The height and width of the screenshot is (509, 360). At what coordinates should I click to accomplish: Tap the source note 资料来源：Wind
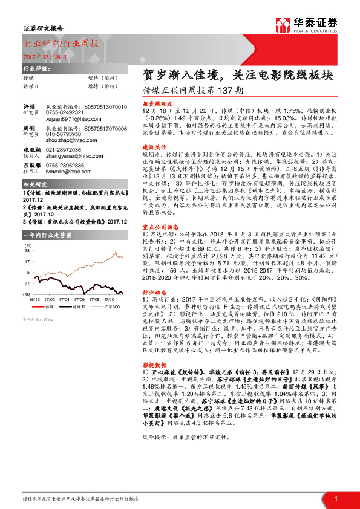point(38,319)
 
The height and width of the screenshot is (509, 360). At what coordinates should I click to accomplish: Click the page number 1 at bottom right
point(336,498)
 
